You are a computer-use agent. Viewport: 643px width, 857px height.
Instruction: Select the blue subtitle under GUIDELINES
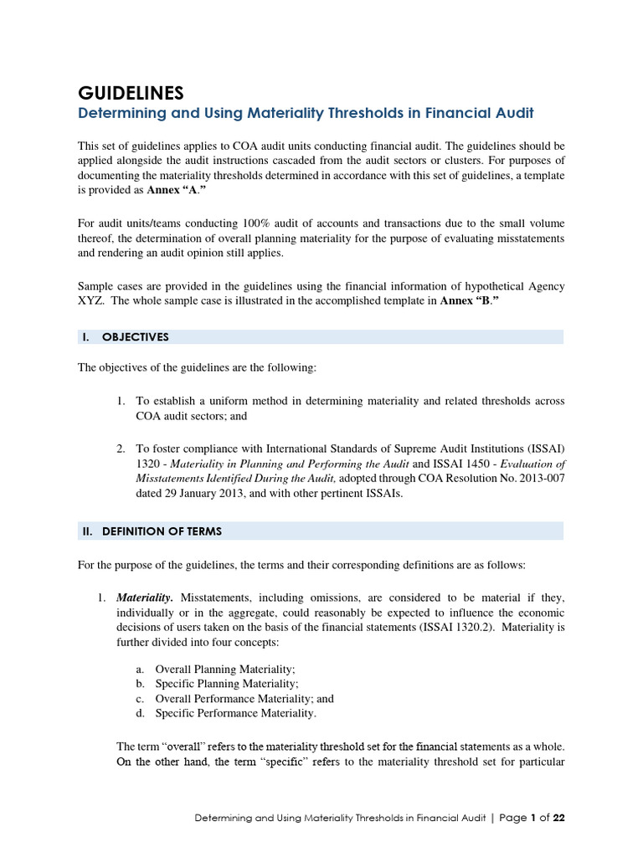pyautogui.click(x=306, y=112)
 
